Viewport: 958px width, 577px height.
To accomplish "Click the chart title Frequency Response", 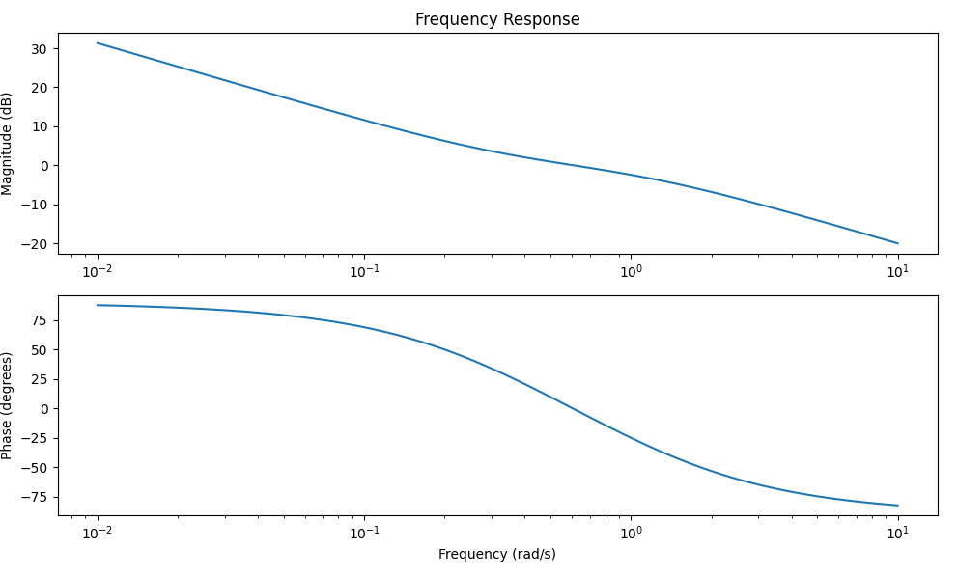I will pos(497,19).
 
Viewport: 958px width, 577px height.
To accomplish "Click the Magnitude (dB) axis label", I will pos(8,144).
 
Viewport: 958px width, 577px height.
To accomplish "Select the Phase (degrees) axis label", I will pos(8,405).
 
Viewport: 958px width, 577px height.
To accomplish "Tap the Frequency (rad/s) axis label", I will pos(497,554).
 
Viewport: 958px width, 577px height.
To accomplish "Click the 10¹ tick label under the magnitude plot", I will pos(898,271).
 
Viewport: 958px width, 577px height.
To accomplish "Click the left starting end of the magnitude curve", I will pos(98,42).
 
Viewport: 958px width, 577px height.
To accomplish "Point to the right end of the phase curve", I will pos(898,506).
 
